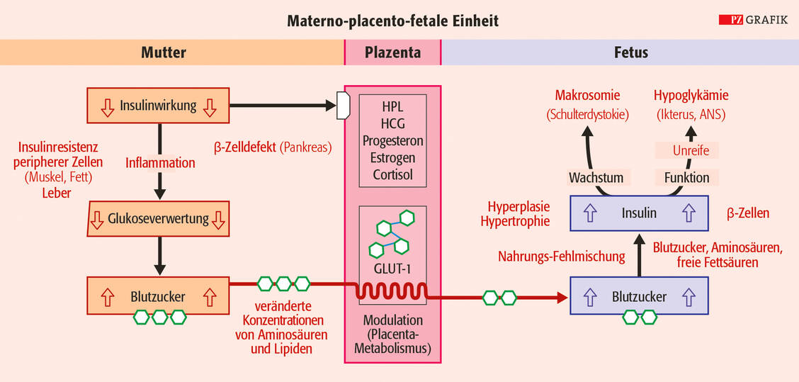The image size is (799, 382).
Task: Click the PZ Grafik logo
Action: pos(753,20)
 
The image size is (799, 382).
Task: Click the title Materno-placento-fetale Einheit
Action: pos(392,21)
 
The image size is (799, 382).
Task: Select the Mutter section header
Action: pos(164,52)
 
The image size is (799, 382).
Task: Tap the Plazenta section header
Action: pos(392,52)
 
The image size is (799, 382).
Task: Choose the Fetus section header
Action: pos(630,52)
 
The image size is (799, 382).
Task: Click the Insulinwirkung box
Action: pos(159,106)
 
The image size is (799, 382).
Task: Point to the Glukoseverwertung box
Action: pos(159,219)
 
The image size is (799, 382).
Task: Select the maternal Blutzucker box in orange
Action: pos(159,297)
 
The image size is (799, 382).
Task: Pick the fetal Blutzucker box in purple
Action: pos(639,297)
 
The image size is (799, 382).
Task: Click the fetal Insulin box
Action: pos(639,213)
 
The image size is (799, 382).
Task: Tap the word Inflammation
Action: pos(160,163)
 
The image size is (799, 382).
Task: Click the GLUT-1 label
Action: pos(392,269)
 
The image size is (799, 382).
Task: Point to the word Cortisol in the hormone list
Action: pos(392,174)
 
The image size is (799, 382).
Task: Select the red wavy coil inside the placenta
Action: pos(392,291)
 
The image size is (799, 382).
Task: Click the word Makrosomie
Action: pos(587,96)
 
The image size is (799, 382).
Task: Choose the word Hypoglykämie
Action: pos(691,96)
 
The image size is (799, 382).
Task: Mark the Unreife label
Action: pos(686,150)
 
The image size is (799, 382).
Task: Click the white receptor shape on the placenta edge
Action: pos(344,106)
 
